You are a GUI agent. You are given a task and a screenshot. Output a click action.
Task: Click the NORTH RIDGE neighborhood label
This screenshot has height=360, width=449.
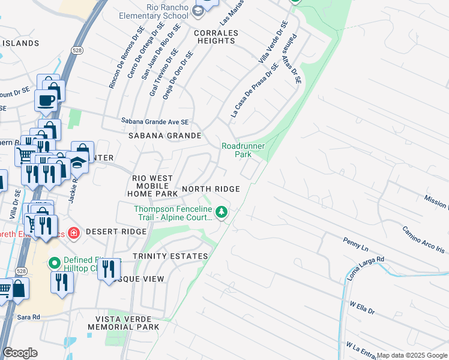pyautogui.click(x=211, y=189)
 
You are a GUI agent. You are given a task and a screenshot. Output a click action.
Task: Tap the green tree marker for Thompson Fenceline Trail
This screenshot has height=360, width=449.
pyautogui.click(x=221, y=212)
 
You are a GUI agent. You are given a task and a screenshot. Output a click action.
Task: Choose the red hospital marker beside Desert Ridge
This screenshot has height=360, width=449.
pyautogui.click(x=74, y=232)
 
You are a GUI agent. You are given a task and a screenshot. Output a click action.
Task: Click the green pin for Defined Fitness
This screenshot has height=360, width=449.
pyautogui.click(x=54, y=263)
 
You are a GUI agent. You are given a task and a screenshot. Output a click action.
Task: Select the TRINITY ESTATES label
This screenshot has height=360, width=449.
pyautogui.click(x=170, y=256)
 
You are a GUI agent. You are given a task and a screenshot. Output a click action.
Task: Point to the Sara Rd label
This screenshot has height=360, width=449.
pyautogui.click(x=28, y=316)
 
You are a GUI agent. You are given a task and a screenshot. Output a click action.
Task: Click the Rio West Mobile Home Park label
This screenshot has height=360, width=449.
pyautogui.click(x=152, y=186)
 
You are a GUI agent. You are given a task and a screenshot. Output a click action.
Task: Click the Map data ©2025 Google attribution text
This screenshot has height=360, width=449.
pyautogui.click(x=412, y=355)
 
